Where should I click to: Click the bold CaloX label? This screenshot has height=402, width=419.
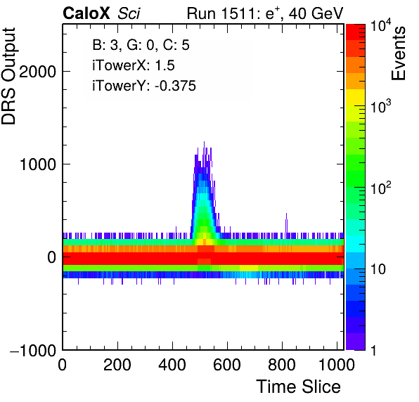click(x=86, y=13)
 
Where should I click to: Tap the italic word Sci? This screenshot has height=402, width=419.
click(x=129, y=13)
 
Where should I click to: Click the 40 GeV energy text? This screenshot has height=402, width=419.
click(x=316, y=13)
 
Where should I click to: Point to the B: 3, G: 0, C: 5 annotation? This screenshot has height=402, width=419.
click(x=141, y=45)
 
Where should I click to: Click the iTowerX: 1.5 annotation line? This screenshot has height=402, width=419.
click(x=134, y=65)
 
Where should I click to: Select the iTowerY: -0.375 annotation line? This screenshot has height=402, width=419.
click(x=144, y=86)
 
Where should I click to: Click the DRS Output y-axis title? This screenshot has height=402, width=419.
click(x=8, y=76)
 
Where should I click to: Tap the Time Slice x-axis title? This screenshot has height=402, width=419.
click(x=298, y=387)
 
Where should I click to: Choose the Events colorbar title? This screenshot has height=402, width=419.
click(x=398, y=53)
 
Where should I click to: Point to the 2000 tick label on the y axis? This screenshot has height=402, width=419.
click(x=37, y=72)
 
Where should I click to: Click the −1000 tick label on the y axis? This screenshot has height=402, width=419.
click(x=33, y=350)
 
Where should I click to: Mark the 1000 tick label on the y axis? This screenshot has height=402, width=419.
click(x=37, y=164)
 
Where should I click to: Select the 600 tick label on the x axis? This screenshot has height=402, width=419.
click(x=227, y=365)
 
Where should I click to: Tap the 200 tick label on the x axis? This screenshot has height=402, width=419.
click(x=117, y=365)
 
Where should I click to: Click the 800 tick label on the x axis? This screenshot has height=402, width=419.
click(x=282, y=365)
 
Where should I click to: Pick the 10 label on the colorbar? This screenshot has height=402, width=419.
click(x=378, y=269)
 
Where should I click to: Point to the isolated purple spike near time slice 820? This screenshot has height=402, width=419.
click(x=286, y=223)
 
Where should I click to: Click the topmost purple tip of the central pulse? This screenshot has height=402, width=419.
click(x=204, y=142)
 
